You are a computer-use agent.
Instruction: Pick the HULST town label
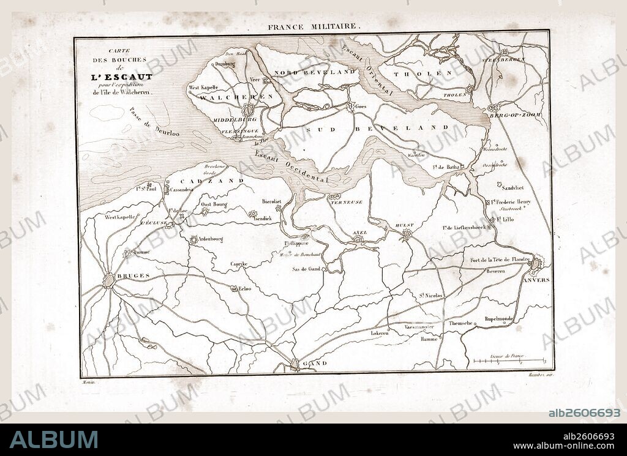[x=405, y=225]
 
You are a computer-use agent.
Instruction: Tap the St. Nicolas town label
[x=431, y=296]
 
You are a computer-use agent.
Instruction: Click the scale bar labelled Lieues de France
[x=509, y=360]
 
